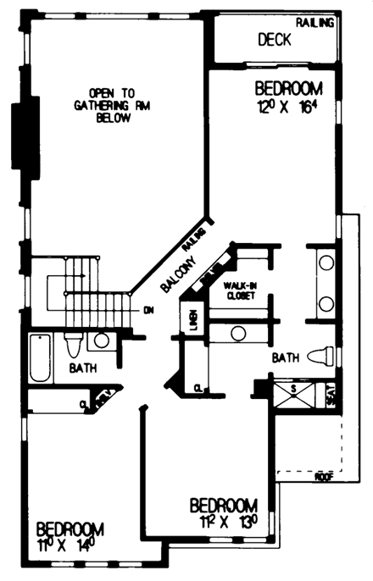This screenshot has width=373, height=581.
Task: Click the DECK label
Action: [274, 40]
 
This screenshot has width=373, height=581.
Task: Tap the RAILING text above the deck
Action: [315, 22]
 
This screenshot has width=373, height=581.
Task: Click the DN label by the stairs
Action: [149, 310]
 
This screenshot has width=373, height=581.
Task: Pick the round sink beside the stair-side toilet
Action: [101, 340]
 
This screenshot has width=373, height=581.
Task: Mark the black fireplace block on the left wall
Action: [19, 136]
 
